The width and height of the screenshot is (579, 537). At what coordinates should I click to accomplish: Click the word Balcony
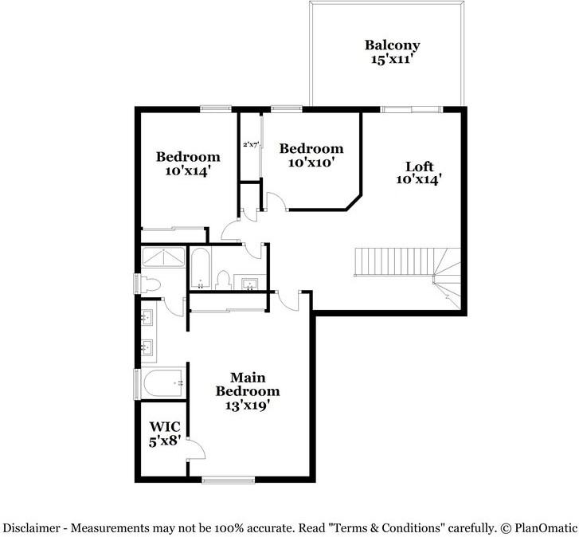point(392,45)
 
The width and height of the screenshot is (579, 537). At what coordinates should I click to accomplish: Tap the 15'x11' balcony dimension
point(392,59)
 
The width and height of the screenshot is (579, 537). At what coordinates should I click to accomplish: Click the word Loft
point(419,167)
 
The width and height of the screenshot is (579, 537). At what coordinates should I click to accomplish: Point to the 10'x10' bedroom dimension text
point(311,162)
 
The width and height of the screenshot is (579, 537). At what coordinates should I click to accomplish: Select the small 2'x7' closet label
point(251,144)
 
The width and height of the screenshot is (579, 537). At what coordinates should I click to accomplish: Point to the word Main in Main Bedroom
point(248,377)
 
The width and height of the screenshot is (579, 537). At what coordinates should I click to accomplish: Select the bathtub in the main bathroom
point(163,384)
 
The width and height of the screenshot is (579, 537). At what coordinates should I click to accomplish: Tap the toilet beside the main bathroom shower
point(151,284)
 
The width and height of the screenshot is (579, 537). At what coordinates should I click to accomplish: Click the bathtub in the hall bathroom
point(200,268)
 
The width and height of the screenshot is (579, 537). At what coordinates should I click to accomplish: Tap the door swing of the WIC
point(195,450)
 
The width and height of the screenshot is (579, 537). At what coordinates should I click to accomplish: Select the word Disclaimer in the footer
point(32,527)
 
